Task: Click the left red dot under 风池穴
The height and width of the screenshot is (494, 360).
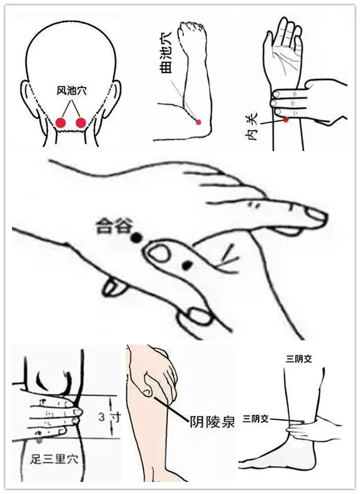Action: (61, 123)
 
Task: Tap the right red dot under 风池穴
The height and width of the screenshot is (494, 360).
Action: (81, 123)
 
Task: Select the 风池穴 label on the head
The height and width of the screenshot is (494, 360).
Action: (71, 91)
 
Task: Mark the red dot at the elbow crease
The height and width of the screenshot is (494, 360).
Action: (198, 122)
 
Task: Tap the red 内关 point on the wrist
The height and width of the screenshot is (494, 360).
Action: (286, 120)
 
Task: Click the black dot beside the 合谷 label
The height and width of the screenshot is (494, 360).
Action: (136, 237)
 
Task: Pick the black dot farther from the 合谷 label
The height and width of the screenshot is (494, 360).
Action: (186, 265)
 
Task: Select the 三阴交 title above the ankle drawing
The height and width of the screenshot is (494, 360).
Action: (299, 359)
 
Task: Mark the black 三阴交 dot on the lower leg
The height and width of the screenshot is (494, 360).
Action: (303, 422)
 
